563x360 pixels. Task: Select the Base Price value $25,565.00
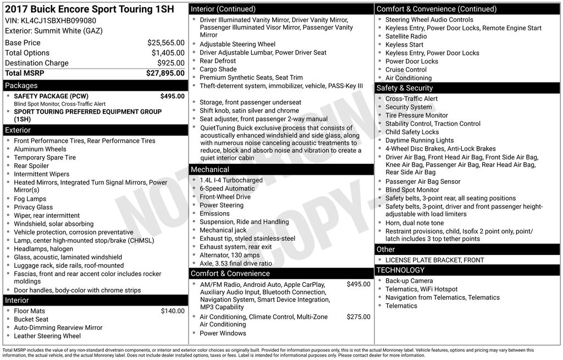pos(165,43)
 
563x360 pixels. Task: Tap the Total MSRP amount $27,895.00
pos(165,73)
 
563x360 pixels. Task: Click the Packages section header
pos(21,86)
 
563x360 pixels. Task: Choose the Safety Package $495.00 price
pos(172,96)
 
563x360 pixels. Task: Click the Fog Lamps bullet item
pos(30,199)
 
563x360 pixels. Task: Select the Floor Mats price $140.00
pos(172,311)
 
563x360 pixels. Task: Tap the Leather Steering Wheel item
pos(47,336)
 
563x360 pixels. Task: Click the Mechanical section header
pos(210,170)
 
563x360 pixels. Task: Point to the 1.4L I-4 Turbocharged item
pos(231,180)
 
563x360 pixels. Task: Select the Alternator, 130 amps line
pos(229,255)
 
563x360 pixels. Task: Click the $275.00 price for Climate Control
pos(358,317)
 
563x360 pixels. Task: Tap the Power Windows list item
pos(223,333)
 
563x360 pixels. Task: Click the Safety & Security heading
pos(405,88)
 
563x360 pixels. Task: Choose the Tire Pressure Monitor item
pos(416,115)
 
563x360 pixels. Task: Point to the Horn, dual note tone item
pos(414,223)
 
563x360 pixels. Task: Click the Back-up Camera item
pos(409,281)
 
